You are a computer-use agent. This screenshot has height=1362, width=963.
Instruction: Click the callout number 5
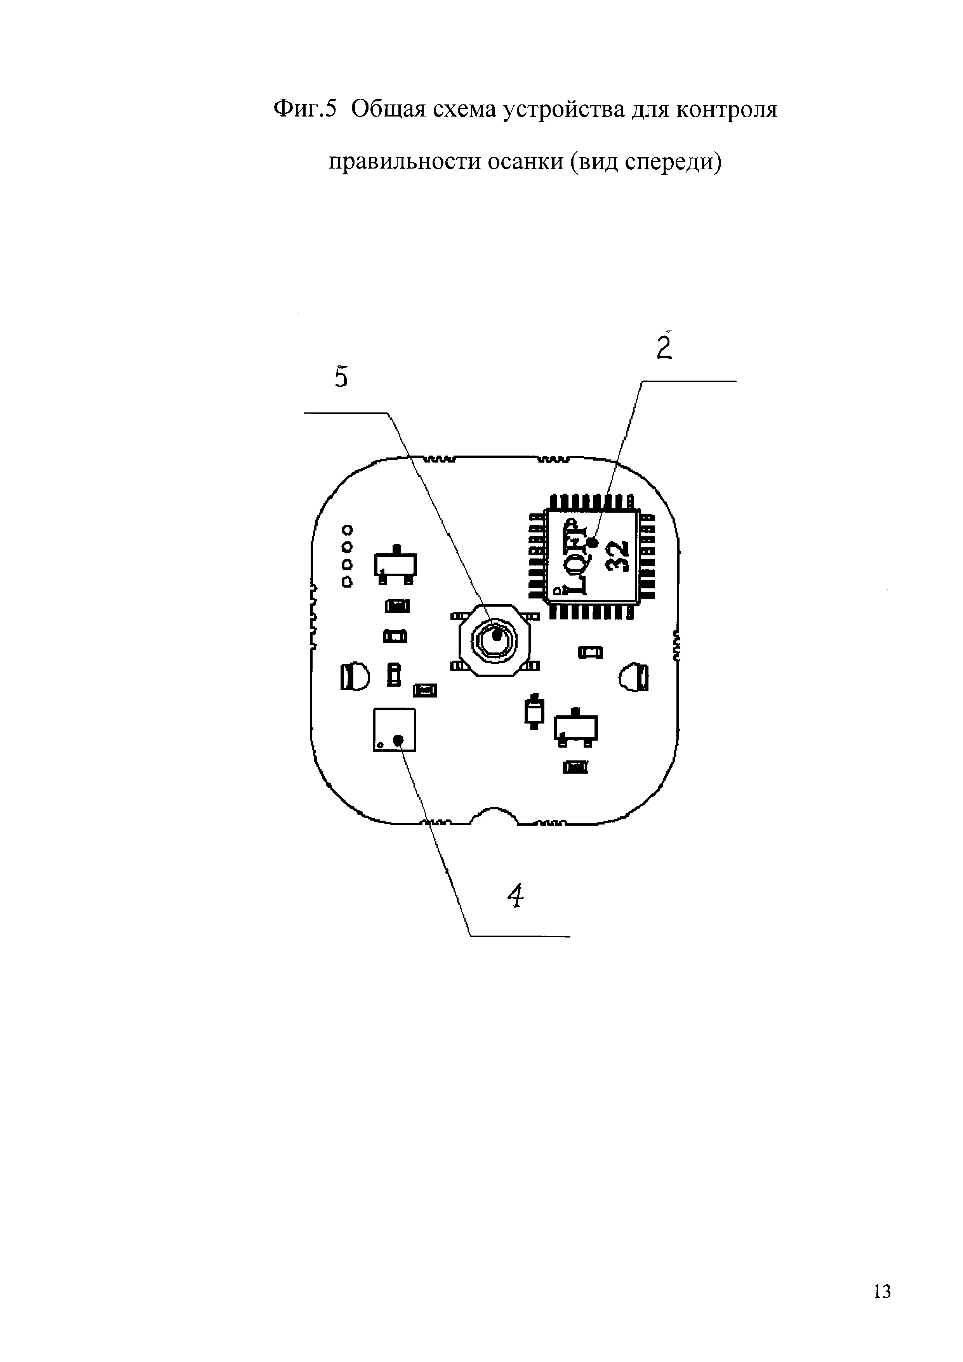coord(341,377)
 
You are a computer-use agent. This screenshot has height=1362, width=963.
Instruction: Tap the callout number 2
coord(665,347)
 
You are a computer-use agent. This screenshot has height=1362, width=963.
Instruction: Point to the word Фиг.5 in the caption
coord(305,109)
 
